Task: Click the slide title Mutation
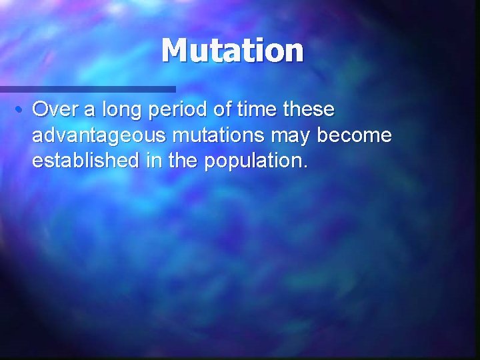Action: pyautogui.click(x=232, y=50)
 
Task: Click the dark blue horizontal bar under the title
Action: pyautogui.click(x=87, y=89)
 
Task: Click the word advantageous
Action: pyautogui.click(x=99, y=137)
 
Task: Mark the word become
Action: pyautogui.click(x=355, y=135)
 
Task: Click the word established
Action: pyautogui.click(x=83, y=162)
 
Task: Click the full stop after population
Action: pyautogui.click(x=305, y=167)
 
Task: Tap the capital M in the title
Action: pyautogui.click(x=175, y=50)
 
